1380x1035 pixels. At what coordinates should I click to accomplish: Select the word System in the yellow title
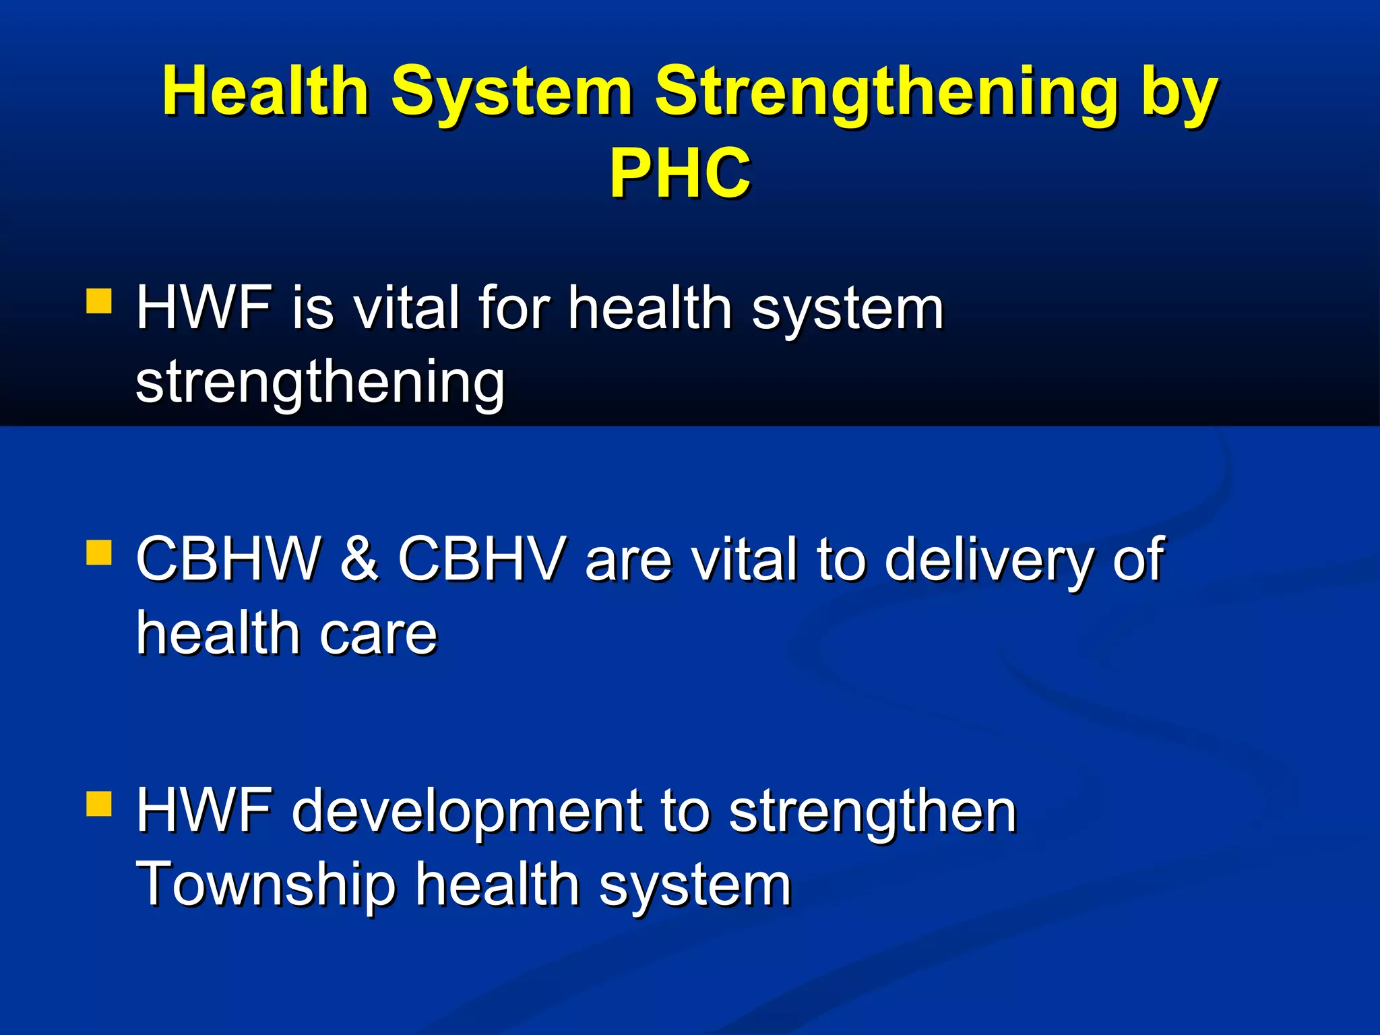pos(511,93)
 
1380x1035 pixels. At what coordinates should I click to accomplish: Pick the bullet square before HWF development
pos(99,803)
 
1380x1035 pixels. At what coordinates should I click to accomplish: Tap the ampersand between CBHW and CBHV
pos(358,559)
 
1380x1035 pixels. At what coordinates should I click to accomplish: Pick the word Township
pos(265,885)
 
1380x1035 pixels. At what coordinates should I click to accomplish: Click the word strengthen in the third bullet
pos(872,813)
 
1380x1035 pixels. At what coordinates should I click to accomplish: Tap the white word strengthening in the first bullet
pos(320,383)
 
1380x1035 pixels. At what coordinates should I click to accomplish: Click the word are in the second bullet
pos(629,561)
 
